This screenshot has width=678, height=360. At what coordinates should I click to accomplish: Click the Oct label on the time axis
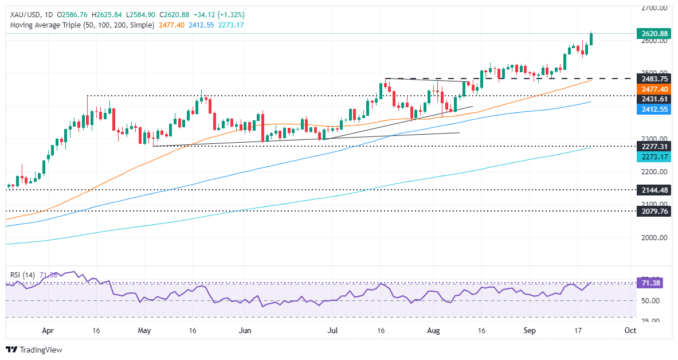click(630, 330)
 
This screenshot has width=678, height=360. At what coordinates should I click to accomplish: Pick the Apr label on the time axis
click(48, 330)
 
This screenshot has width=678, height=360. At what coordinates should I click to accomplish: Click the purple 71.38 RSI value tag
click(650, 283)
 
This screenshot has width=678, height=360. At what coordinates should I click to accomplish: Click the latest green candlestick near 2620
click(591, 39)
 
